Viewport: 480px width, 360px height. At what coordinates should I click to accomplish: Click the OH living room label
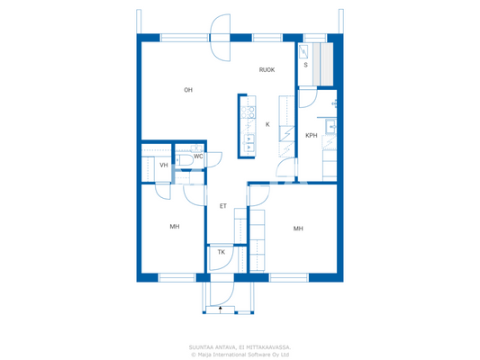coord(188,90)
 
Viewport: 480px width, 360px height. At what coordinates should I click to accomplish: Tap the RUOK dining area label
coord(267,70)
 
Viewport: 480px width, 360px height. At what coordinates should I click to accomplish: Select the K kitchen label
coord(267,124)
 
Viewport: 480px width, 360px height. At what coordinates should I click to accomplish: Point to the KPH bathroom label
coord(312,136)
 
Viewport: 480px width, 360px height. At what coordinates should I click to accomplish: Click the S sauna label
coord(305,66)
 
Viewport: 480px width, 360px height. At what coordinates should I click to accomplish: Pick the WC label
coord(198,157)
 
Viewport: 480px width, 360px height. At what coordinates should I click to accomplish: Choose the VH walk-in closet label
coord(164,166)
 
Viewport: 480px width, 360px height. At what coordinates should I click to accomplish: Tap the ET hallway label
coord(223,206)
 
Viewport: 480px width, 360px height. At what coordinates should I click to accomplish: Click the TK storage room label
coord(221,253)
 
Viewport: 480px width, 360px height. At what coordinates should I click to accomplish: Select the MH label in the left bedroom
coord(175,227)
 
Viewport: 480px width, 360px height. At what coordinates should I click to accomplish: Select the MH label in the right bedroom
coord(298,229)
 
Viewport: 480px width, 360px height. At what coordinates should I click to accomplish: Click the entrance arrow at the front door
coord(221,309)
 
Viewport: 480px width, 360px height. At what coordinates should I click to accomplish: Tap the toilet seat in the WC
coord(184,159)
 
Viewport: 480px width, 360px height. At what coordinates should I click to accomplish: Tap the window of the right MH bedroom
coord(288,277)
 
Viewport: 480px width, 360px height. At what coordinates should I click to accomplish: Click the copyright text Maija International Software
coord(240,354)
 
